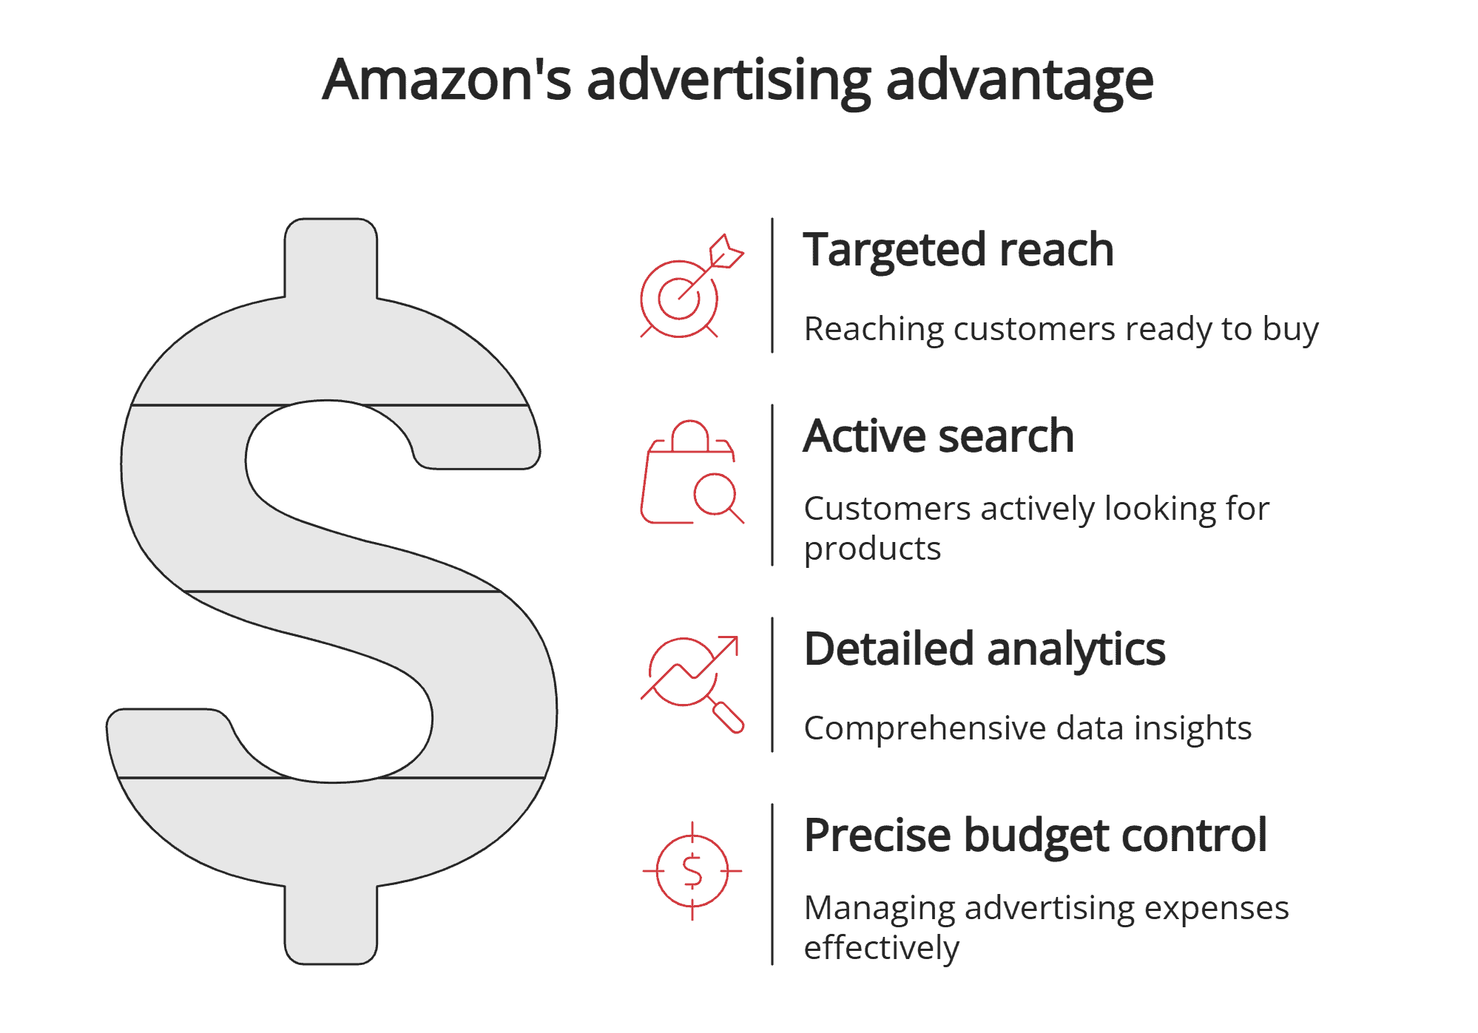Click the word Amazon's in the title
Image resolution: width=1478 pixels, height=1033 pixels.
coord(447,79)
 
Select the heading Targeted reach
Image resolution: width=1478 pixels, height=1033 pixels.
coord(958,249)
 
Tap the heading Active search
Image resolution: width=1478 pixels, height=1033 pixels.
coord(938,436)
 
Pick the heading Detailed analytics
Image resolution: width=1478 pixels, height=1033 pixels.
coord(984,649)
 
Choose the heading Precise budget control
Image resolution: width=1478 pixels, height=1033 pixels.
coord(1035,836)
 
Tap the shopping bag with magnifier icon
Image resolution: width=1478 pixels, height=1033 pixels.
coord(689,473)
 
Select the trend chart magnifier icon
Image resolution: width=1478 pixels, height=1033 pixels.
coord(691,682)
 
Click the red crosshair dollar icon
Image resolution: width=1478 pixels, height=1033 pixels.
coord(692,871)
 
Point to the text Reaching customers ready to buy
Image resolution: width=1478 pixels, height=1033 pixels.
coord(1060,329)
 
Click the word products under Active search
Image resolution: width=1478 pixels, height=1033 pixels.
coord(872,549)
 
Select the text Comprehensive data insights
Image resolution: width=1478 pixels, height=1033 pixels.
coord(1027,728)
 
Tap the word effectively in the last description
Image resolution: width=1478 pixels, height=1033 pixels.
coord(881,948)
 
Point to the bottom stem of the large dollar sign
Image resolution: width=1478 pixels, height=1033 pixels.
coord(331,924)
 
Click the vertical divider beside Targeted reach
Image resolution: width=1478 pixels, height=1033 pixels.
coord(772,285)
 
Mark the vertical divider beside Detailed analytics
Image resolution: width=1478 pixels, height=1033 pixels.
coord(772,685)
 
